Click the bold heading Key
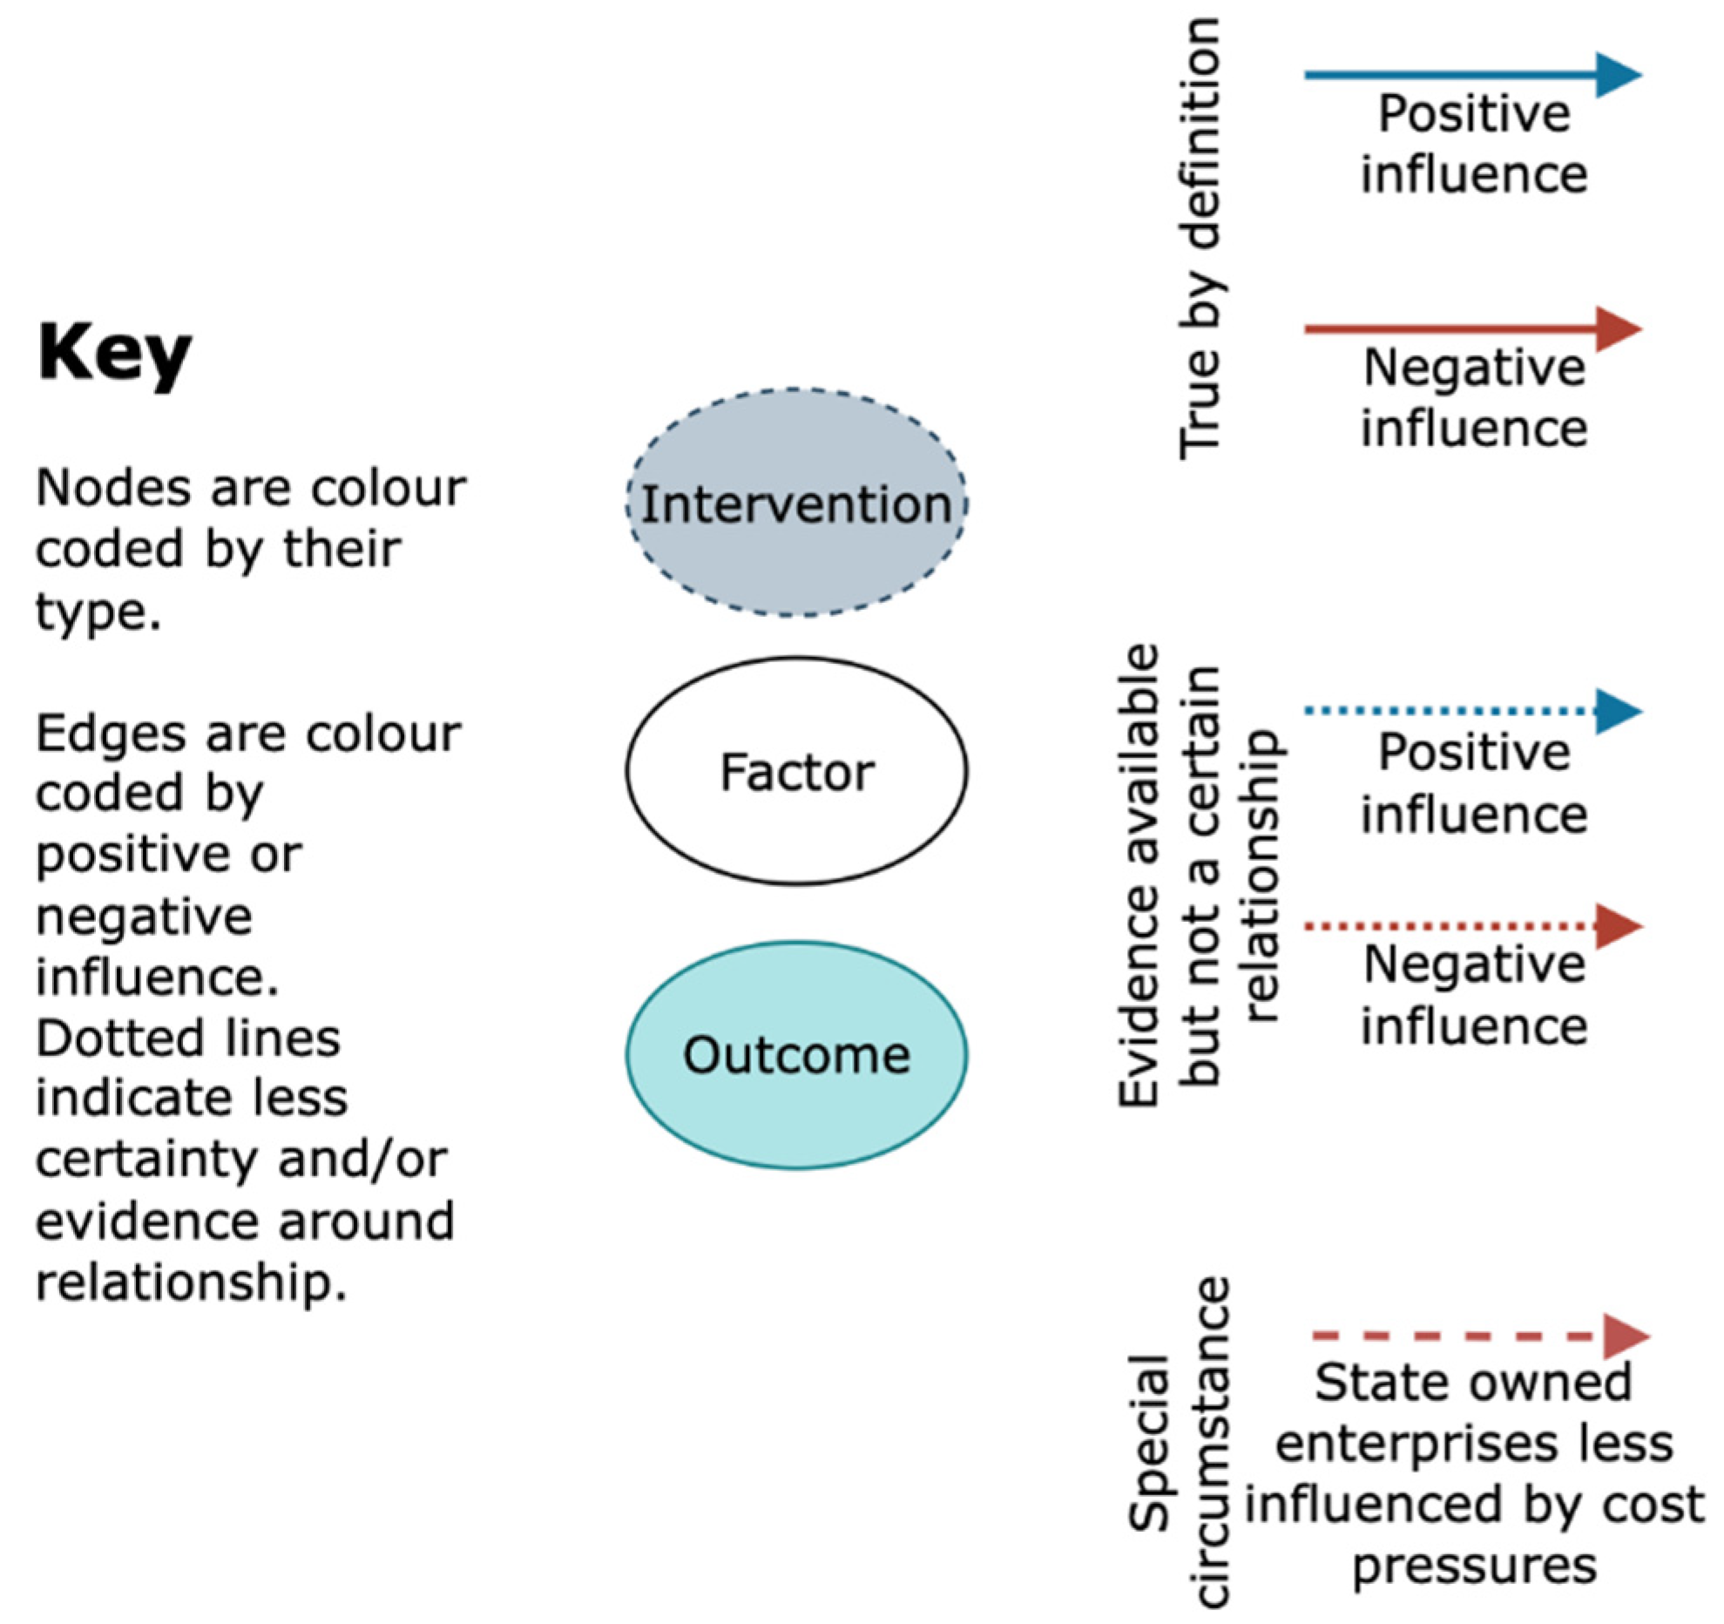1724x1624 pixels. coord(114,356)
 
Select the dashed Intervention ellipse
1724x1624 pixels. coord(796,503)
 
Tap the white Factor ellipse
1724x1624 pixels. coord(796,771)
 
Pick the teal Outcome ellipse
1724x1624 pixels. coord(796,1054)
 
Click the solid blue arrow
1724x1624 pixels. coord(1473,75)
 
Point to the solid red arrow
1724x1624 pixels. coord(1473,329)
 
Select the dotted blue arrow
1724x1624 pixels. coord(1473,711)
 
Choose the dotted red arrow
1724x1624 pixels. coord(1473,926)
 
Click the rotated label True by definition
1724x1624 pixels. coord(1199,238)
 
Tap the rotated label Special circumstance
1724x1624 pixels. coord(1178,1441)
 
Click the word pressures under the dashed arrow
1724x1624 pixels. coord(1475,1566)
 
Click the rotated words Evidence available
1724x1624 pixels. coord(1139,876)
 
